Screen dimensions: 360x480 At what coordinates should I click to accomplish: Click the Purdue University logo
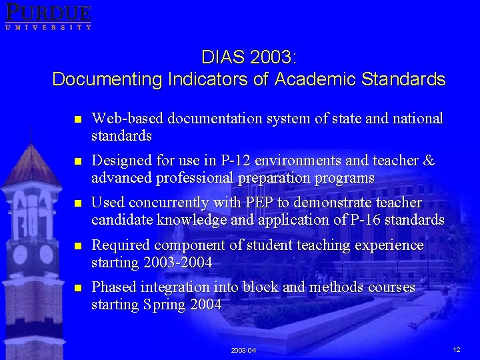(x=48, y=16)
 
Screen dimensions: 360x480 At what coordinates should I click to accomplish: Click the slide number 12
(x=457, y=349)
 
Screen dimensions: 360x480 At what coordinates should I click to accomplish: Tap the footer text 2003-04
(x=243, y=350)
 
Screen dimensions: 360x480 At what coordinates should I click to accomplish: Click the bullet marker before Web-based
(x=77, y=119)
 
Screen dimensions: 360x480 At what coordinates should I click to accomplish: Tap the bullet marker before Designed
(x=77, y=161)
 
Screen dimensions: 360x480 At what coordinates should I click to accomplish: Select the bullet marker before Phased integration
(x=77, y=289)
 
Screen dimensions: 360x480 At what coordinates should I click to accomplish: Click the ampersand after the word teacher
(x=429, y=161)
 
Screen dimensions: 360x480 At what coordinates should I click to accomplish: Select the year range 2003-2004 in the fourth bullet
(x=177, y=263)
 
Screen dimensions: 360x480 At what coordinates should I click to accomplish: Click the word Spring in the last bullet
(x=161, y=305)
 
